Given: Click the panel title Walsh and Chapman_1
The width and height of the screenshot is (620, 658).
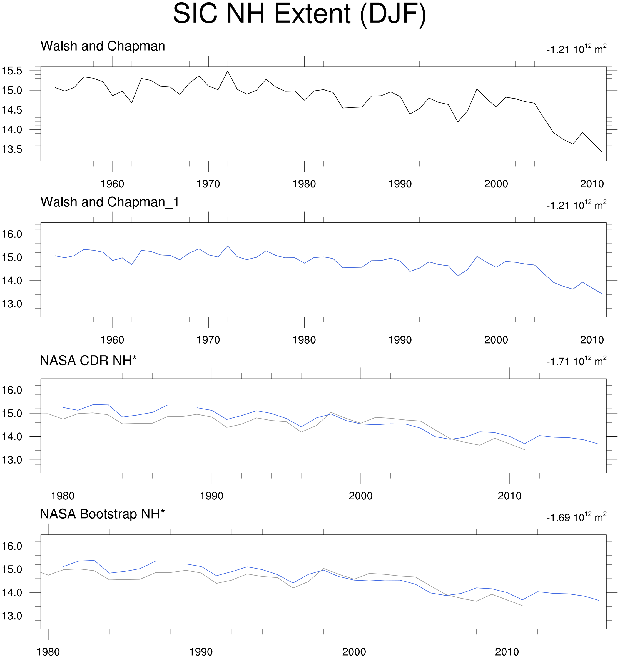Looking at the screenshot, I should tap(109, 202).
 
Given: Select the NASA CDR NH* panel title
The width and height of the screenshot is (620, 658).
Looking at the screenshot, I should tap(88, 361).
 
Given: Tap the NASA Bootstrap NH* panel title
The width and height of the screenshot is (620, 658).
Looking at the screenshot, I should tap(102, 514).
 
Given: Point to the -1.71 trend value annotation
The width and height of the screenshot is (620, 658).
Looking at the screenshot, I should tap(576, 361).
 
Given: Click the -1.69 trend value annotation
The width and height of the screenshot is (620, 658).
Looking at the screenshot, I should tap(576, 517).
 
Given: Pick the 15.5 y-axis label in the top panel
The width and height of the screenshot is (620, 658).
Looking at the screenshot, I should tap(12, 71).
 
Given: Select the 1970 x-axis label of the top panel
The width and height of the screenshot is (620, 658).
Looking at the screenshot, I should tap(208, 184).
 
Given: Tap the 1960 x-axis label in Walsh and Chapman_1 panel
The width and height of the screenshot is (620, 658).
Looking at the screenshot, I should tap(112, 340).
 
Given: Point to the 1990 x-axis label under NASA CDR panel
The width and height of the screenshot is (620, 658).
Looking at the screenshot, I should tap(212, 496).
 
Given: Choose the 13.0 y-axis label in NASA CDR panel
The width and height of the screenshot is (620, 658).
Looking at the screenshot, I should tap(12, 460).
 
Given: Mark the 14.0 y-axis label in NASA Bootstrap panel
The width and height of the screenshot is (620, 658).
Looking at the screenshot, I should tap(12, 592).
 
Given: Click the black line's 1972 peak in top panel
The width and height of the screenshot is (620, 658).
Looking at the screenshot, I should tap(228, 71).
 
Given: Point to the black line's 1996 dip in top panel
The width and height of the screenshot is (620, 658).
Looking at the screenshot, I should tap(458, 122).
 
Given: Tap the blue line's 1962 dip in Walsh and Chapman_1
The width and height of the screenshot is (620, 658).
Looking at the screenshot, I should tap(132, 264).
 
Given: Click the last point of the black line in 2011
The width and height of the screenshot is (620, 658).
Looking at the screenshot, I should tap(601, 152).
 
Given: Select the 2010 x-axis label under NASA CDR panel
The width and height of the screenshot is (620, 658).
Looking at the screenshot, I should tap(509, 496).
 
